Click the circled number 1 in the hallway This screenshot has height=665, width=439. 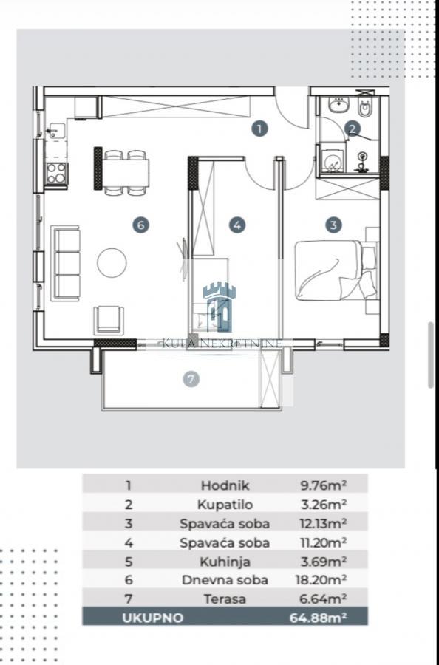[259, 129]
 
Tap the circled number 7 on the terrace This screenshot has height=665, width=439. [191, 379]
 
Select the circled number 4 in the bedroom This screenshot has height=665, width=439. [237, 225]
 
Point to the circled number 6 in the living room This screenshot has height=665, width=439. [141, 225]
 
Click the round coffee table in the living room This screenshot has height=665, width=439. [112, 263]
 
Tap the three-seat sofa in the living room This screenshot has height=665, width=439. [65, 263]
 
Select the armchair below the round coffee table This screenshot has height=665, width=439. [109, 320]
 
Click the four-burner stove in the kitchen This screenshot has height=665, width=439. [56, 174]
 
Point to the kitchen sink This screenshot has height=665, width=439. [56, 131]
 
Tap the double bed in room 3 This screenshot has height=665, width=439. [335, 270]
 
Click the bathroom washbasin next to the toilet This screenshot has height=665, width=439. [338, 104]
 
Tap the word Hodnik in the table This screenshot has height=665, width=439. [225, 485]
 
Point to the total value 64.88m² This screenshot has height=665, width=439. [318, 618]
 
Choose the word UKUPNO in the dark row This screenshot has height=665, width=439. [153, 618]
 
